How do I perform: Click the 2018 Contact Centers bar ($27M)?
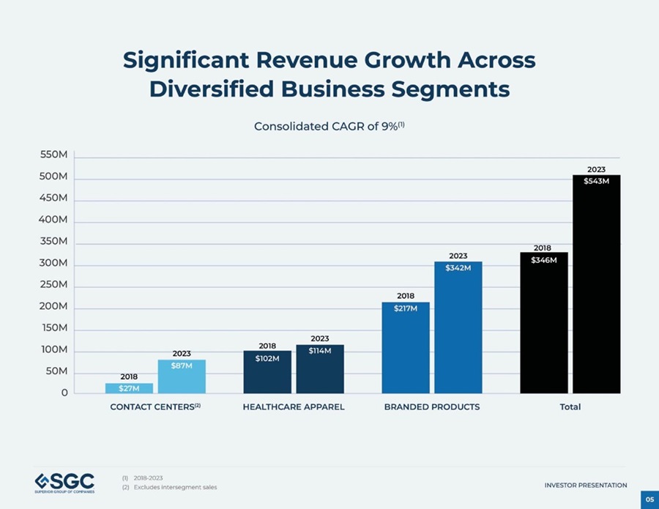(129, 388)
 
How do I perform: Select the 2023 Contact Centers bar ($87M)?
(182, 376)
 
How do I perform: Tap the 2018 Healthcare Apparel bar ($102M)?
(267, 372)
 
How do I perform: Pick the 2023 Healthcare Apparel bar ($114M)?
(320, 369)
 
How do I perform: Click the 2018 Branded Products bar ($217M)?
(406, 348)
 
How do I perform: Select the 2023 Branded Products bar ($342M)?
(458, 328)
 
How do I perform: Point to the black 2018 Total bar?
(544, 323)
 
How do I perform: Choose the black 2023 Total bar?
(596, 284)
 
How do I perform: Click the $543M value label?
(596, 181)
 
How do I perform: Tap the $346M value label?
(544, 260)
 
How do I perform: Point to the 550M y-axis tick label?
(53, 155)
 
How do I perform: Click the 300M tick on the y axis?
(53, 263)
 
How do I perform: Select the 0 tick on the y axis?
(64, 393)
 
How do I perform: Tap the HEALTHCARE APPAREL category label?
(294, 407)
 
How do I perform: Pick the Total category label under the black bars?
(570, 407)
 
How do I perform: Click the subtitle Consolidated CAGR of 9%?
(329, 127)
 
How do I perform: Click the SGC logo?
(64, 483)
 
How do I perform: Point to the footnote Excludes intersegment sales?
(175, 487)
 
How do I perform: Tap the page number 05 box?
(649, 499)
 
